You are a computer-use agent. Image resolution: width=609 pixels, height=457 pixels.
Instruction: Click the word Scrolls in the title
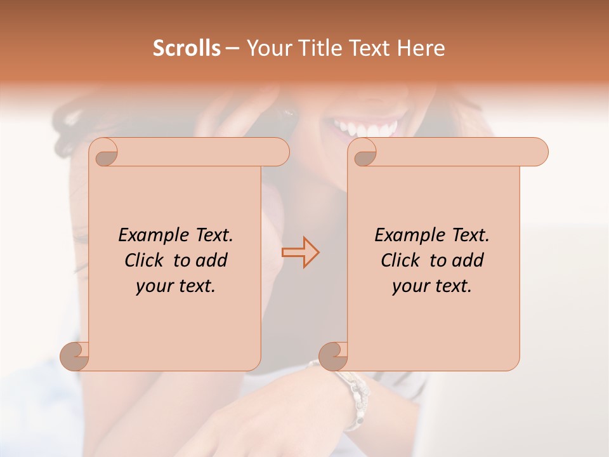tap(187, 48)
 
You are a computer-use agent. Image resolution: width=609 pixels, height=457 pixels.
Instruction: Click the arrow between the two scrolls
tap(301, 253)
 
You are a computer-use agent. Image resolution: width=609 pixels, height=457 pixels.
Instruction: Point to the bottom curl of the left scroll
tap(75, 355)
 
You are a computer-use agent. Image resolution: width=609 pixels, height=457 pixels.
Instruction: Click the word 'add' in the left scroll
tap(213, 260)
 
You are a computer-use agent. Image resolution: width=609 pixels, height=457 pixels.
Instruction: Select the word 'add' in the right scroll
tap(469, 260)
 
